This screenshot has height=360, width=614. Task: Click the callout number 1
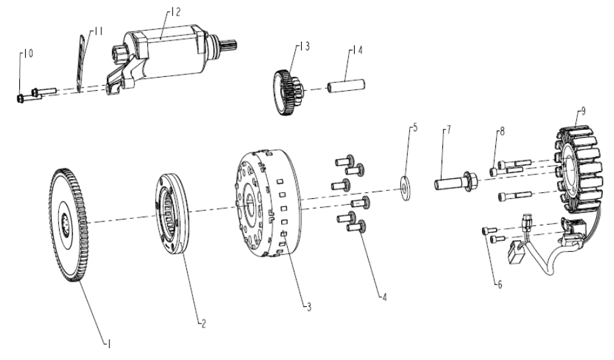point(109,344)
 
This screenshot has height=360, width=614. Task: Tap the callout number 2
point(204,324)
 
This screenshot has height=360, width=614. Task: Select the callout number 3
point(309,307)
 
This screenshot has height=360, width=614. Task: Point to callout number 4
point(385,297)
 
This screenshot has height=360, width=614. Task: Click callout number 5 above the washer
point(416,128)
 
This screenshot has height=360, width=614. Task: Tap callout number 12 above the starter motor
point(176,12)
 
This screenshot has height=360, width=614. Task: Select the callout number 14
point(357,50)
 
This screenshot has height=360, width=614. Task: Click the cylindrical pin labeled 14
point(347,86)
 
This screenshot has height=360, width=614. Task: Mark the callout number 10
point(29,54)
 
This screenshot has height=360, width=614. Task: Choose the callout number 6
point(500,285)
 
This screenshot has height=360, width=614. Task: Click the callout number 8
point(502,132)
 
